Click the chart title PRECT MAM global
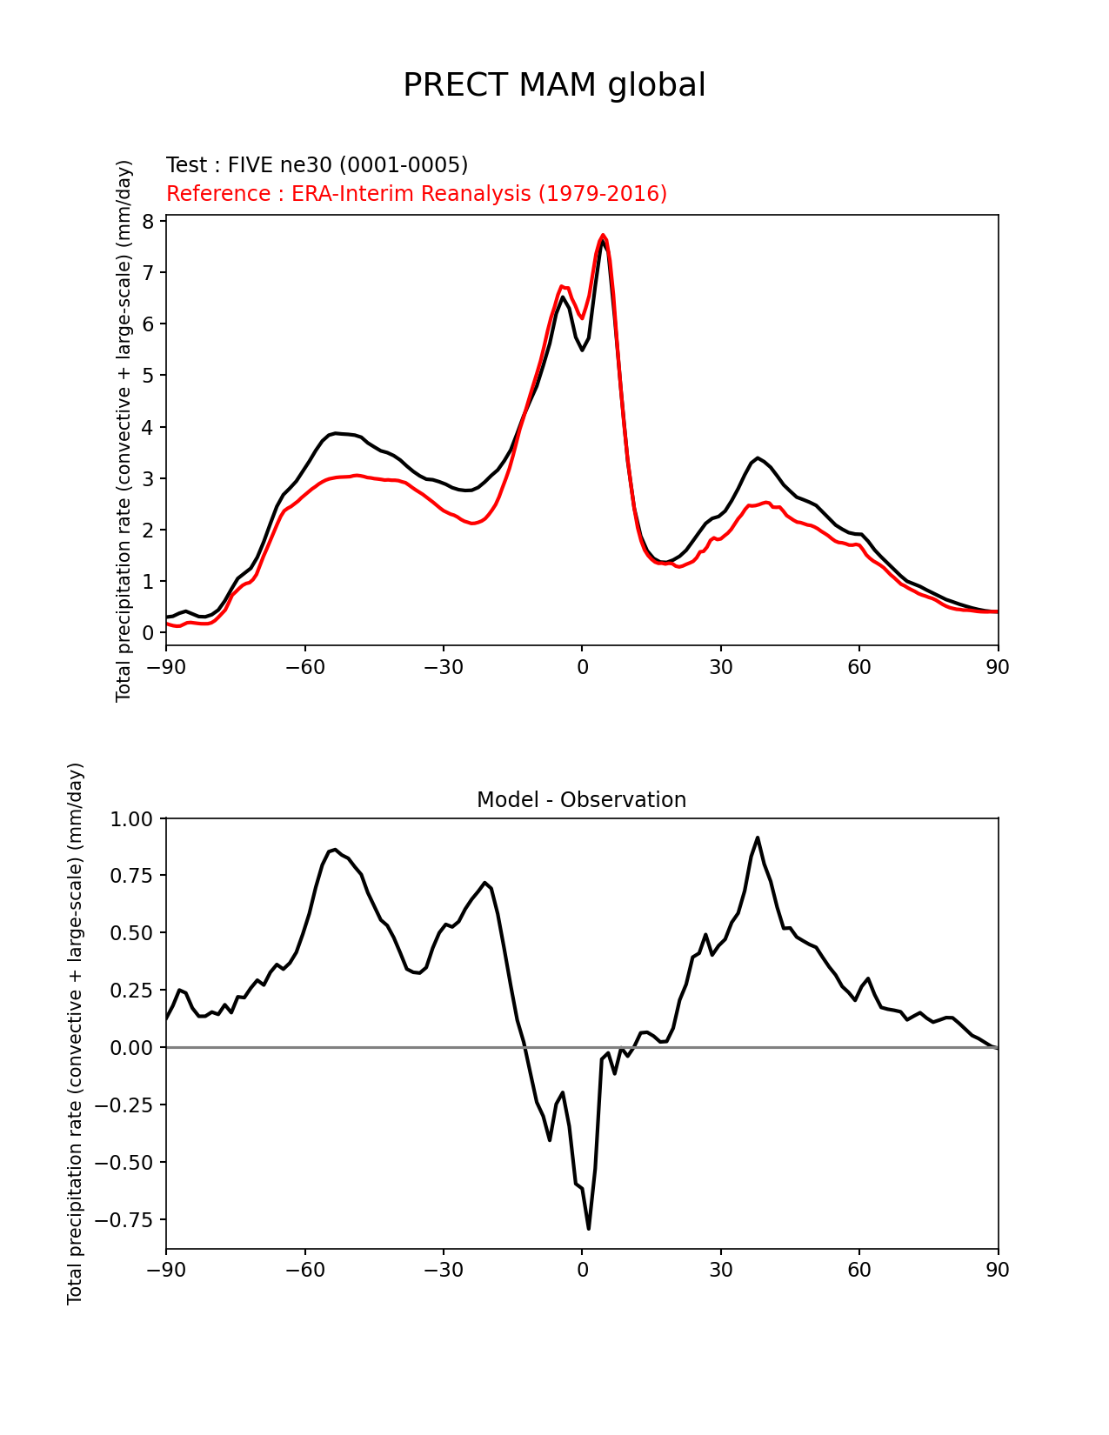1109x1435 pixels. click(554, 85)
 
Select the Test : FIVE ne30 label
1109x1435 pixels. click(317, 165)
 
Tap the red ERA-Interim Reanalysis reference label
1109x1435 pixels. click(417, 194)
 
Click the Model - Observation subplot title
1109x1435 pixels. click(581, 800)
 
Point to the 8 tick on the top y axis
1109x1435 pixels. click(148, 222)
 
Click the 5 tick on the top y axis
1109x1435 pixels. click(148, 376)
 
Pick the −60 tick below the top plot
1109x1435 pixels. click(304, 667)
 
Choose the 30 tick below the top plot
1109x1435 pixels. click(720, 667)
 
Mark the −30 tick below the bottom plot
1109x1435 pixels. click(443, 1270)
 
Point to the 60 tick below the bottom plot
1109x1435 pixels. click(859, 1270)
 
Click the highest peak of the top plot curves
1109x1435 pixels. click(603, 236)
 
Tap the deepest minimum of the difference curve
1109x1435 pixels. click(589, 1228)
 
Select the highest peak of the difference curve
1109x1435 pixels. click(758, 838)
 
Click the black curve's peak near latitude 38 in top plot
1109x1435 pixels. click(758, 457)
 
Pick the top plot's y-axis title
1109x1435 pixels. click(124, 430)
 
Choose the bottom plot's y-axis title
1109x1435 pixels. click(76, 1033)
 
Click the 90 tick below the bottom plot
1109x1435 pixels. click(998, 1270)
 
